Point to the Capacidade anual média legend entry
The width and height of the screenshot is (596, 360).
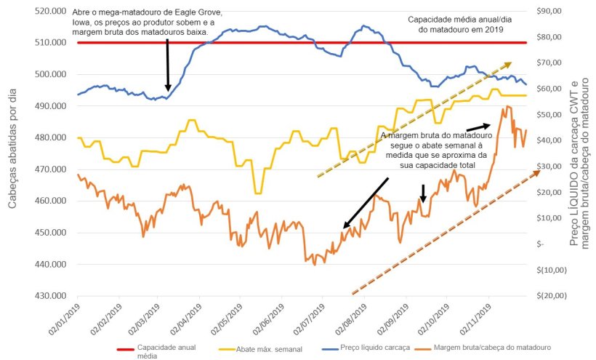tap(167, 353)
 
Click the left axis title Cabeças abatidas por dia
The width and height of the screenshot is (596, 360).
tap(13, 153)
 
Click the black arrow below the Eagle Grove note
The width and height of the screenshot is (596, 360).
tap(168, 65)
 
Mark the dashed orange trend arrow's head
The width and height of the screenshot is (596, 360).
tap(537, 169)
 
